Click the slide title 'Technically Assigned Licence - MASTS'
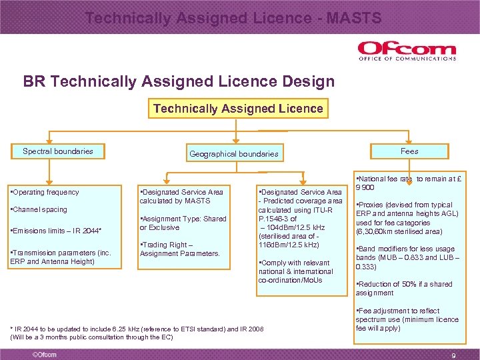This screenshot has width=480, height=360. pyautogui.click(x=233, y=18)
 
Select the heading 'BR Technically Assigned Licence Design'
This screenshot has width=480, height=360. pyautogui.click(x=179, y=82)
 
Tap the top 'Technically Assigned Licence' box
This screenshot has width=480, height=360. pyautogui.click(x=238, y=108)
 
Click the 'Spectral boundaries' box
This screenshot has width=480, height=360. pyautogui.click(x=58, y=151)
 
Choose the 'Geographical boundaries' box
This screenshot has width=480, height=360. pyautogui.click(x=234, y=153)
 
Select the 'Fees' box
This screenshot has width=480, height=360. pyautogui.click(x=409, y=151)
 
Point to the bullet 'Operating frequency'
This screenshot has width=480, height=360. pyautogui.click(x=45, y=192)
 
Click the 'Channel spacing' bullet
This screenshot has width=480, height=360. pyautogui.click(x=39, y=209)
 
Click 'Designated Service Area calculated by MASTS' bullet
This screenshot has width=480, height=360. pyautogui.click(x=181, y=196)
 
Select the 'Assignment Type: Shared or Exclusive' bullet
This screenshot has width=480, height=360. pyautogui.click(x=183, y=223)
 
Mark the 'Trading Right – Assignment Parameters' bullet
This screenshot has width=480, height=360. pyautogui.click(x=179, y=249)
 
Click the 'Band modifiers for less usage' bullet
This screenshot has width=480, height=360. pyautogui.click(x=407, y=257)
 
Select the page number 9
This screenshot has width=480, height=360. pyautogui.click(x=454, y=355)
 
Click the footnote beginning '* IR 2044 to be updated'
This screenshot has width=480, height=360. pyautogui.click(x=137, y=333)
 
